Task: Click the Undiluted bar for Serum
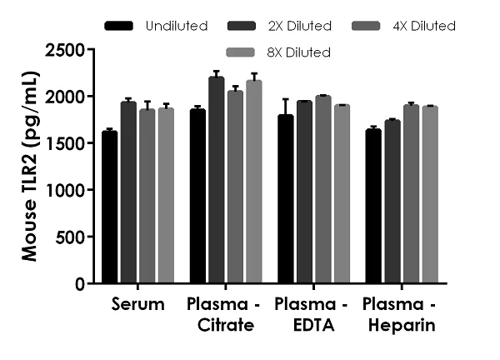(x=110, y=207)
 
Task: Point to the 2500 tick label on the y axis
(x=66, y=50)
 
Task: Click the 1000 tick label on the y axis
(x=66, y=190)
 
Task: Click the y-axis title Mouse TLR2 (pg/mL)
(x=29, y=167)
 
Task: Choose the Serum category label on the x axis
(x=137, y=304)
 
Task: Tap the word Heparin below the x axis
(x=401, y=325)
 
